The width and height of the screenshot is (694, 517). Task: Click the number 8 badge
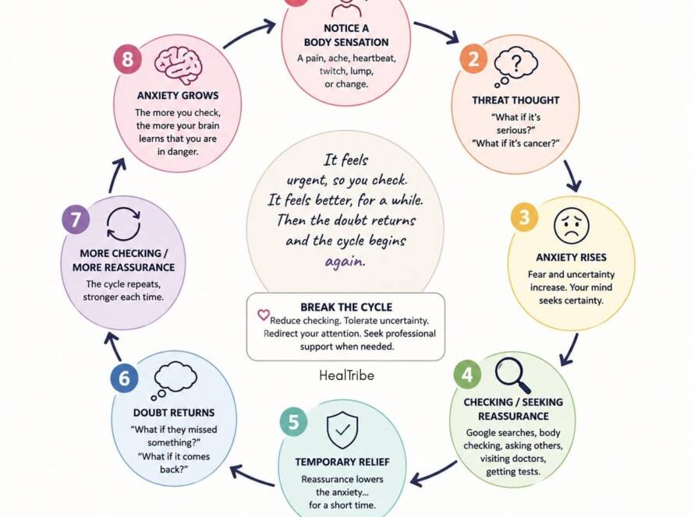[x=127, y=58]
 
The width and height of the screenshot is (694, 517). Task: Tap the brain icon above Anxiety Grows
[x=179, y=65]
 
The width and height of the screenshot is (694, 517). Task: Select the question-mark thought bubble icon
[x=515, y=67]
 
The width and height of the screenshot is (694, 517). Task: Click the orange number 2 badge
[x=473, y=58]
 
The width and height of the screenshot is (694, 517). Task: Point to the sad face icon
[x=572, y=225]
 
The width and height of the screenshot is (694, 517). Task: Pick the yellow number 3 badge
[x=525, y=217]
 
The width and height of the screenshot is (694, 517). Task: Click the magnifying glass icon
[x=513, y=375]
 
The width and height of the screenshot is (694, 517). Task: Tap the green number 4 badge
[x=468, y=375]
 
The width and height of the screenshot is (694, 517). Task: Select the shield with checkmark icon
[x=342, y=430]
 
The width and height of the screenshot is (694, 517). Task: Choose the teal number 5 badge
[x=293, y=422]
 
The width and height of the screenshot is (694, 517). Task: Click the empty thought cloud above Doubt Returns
[x=175, y=379]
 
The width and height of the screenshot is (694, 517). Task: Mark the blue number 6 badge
[x=124, y=378]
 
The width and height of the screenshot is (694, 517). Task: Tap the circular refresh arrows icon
[x=123, y=224]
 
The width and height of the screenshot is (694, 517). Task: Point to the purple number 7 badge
[x=76, y=219]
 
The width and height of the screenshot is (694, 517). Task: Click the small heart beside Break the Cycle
[x=264, y=315]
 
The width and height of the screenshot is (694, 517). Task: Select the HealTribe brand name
[x=346, y=375]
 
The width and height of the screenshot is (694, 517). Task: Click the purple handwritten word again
[x=345, y=262]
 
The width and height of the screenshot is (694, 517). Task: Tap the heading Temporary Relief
[x=342, y=462]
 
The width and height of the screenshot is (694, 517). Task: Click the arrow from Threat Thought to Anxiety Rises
[x=572, y=176]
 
